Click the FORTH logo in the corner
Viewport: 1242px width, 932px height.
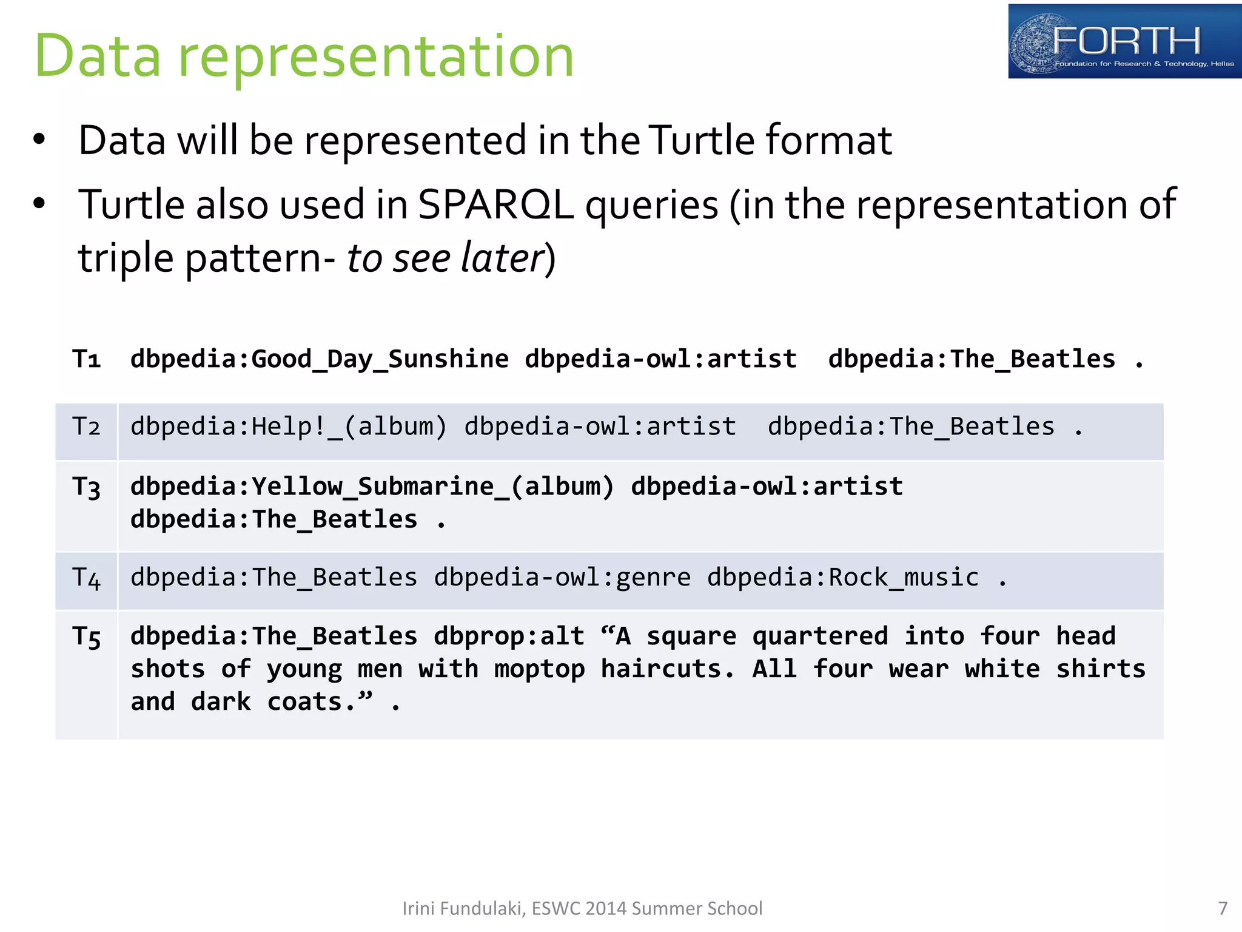point(1124,41)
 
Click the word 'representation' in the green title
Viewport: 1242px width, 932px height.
point(376,56)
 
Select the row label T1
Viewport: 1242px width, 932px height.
point(86,359)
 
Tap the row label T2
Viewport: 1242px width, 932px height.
point(86,427)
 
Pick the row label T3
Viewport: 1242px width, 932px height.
point(86,487)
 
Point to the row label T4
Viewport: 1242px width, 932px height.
point(86,578)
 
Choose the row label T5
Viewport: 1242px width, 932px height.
point(86,637)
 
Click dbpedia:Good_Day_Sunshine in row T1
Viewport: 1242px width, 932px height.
point(320,359)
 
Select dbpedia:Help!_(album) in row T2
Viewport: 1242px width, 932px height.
point(289,427)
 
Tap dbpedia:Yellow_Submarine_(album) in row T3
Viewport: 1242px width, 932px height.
point(372,487)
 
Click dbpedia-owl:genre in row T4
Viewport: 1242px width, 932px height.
point(562,577)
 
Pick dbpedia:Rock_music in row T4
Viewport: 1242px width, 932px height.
point(843,577)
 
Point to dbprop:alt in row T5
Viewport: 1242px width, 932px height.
point(509,637)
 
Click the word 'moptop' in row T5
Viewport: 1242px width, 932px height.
point(539,669)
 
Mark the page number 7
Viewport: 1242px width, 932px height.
point(1223,908)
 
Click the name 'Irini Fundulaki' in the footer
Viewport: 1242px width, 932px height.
point(463,908)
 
